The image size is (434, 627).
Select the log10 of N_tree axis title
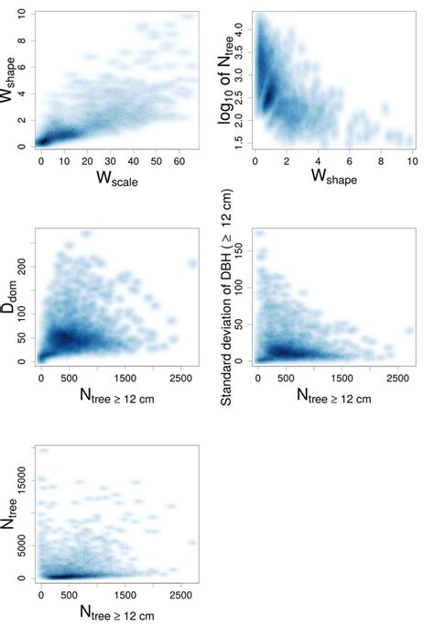(232, 80)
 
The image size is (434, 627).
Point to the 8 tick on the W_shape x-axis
(381, 161)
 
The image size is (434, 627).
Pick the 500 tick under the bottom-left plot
(71, 595)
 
